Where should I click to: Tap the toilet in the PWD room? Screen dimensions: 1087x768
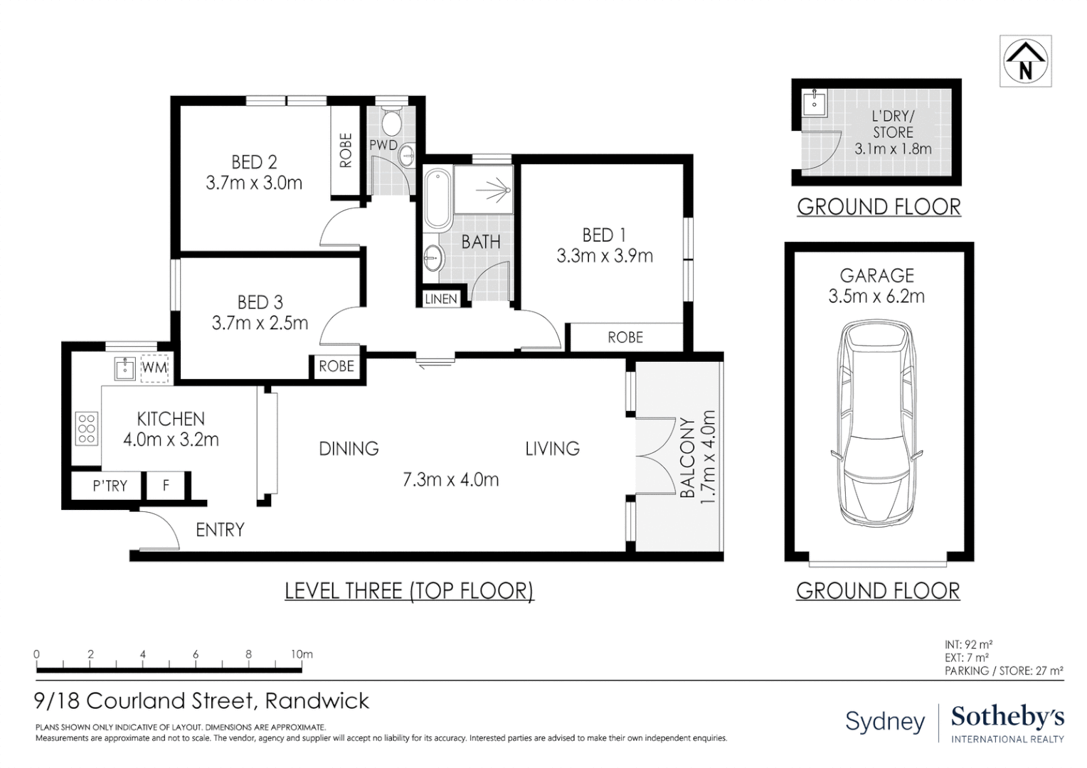click(391, 121)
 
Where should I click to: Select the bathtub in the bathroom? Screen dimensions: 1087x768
click(438, 199)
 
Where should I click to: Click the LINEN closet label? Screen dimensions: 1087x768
click(441, 299)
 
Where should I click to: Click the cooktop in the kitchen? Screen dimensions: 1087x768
click(87, 428)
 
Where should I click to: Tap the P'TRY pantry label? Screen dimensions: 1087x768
click(110, 486)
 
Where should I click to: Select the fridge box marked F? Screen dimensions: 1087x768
click(166, 486)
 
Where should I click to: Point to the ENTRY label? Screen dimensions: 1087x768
click(220, 530)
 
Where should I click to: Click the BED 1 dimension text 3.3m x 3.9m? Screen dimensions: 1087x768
click(605, 256)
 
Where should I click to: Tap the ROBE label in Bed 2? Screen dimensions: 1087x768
click(346, 150)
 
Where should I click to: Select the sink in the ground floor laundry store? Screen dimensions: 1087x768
click(815, 102)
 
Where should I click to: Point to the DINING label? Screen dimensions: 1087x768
click(349, 449)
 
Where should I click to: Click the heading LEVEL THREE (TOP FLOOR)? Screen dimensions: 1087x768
click(409, 590)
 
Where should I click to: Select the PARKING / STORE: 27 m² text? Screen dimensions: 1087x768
click(1004, 671)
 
